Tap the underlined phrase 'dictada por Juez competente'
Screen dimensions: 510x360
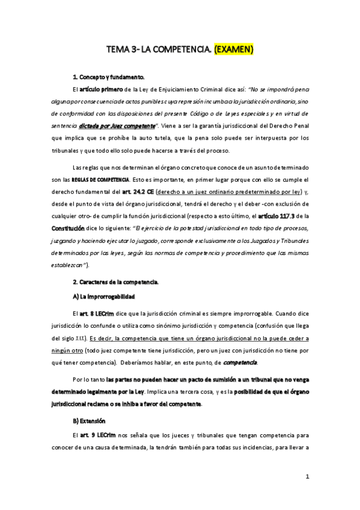(117, 126)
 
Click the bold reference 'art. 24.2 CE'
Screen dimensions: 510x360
(135, 192)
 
